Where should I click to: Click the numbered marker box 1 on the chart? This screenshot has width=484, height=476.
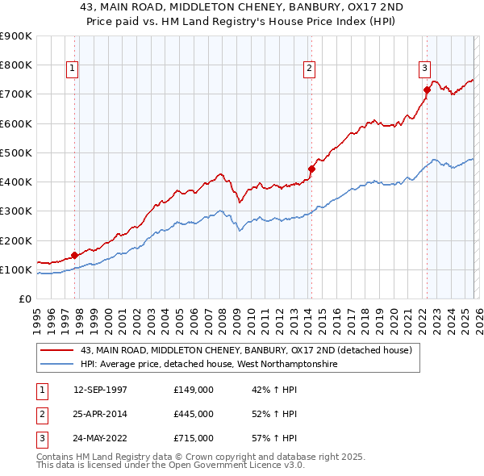tap(73, 69)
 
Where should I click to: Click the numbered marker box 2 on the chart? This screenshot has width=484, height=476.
tap(309, 69)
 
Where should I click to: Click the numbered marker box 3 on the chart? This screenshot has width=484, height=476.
tap(424, 69)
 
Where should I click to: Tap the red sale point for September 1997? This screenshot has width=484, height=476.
tap(75, 255)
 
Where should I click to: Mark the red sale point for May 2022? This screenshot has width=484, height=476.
tap(427, 90)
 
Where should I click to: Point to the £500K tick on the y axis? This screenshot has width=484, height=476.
tap(16, 152)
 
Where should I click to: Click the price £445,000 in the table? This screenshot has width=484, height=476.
tap(194, 414)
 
